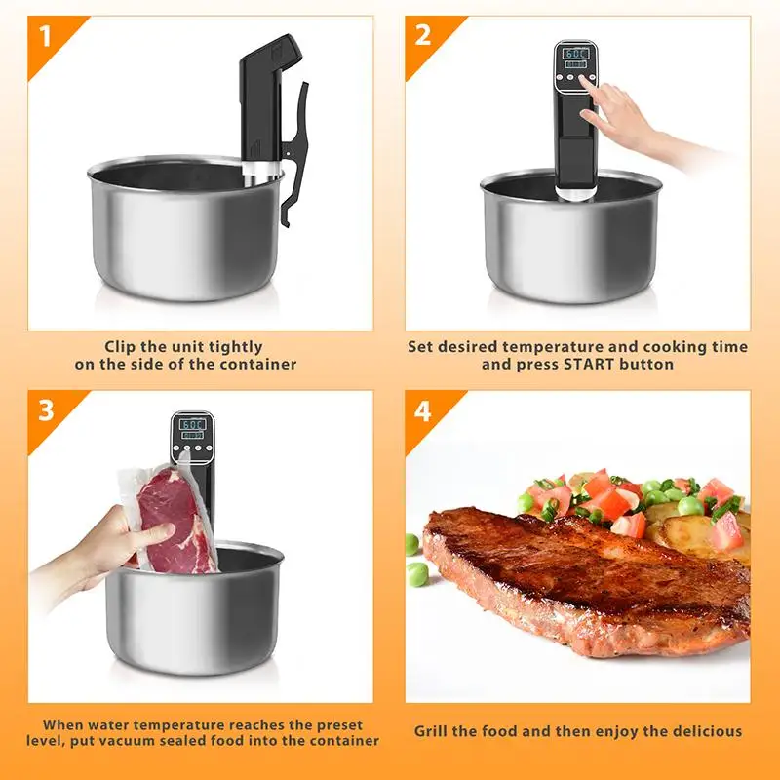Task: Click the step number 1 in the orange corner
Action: [x=45, y=37]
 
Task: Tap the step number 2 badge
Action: [x=423, y=35]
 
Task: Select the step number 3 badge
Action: [x=45, y=410]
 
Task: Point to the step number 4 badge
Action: [x=422, y=410]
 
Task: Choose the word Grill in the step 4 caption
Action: [x=435, y=730]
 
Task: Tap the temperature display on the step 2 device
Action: [x=576, y=53]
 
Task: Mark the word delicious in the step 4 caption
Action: [x=705, y=730]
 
